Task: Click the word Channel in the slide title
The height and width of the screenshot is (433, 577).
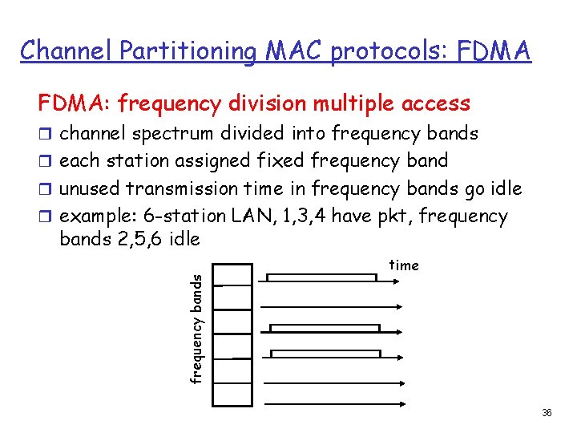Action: click(67, 51)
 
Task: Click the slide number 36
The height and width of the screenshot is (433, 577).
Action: click(547, 412)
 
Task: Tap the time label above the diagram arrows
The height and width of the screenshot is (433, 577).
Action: click(404, 265)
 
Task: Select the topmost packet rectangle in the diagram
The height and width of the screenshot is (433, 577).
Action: click(321, 277)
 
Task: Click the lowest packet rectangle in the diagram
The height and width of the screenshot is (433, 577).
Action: click(325, 354)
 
